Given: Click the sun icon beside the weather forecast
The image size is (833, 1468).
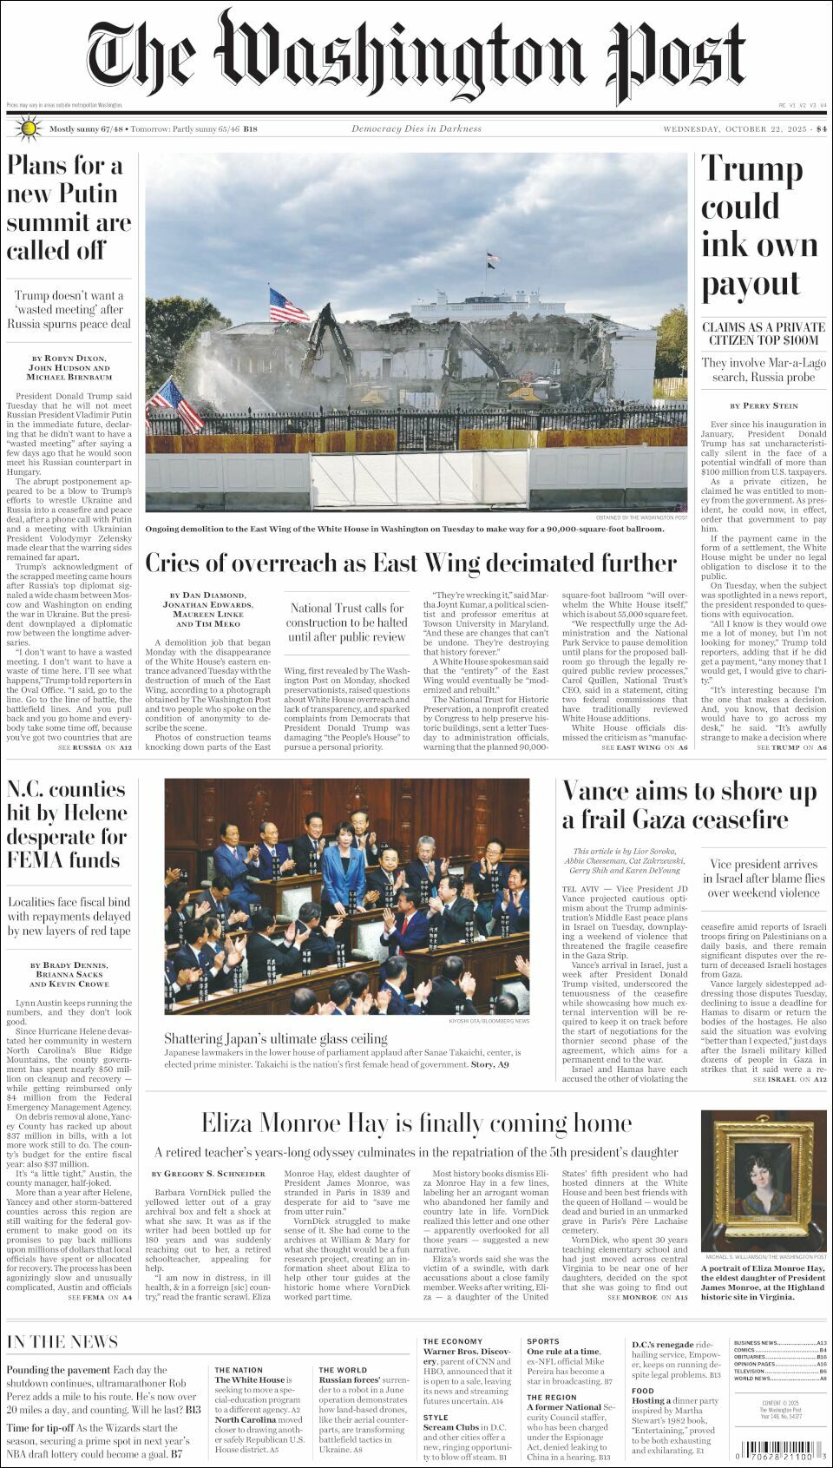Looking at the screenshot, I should coord(28,128).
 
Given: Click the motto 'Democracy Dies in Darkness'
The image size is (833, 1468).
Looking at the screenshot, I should coord(416,128).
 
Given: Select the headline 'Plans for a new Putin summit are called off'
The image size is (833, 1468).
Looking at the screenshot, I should coord(69,207).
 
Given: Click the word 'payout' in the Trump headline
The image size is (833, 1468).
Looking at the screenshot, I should coord(750,283).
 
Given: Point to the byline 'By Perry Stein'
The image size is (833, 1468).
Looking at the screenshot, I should coord(764,405).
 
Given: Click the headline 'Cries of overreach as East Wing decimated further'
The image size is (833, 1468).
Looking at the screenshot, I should coord(410,563).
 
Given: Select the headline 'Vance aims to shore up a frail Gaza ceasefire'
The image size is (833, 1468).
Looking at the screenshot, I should coord(689,805).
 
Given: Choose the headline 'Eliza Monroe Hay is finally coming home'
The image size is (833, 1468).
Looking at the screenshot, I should coord(416,1122).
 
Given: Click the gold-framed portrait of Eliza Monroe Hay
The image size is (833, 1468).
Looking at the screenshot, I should coord(764,1181).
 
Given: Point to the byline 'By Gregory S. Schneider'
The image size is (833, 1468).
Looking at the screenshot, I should coord(208,1174).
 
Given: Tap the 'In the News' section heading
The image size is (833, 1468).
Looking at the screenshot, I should coord(62,1341).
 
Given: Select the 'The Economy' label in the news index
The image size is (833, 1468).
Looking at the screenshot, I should coord(452,1341).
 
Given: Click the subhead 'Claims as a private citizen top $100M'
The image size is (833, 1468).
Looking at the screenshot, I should coord(764,333).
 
